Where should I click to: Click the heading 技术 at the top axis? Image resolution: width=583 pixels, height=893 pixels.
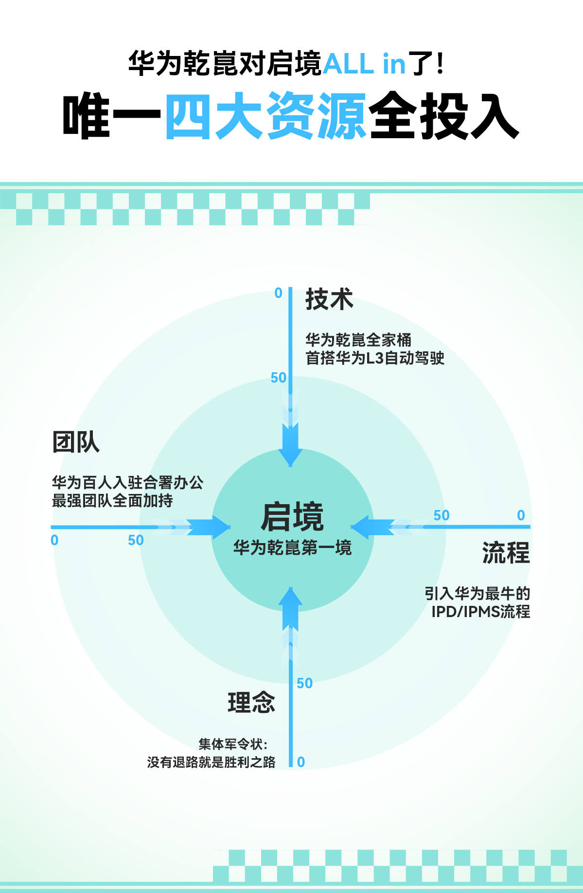(329, 299)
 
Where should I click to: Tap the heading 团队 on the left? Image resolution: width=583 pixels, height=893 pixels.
(76, 442)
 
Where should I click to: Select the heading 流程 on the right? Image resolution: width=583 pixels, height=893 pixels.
(506, 553)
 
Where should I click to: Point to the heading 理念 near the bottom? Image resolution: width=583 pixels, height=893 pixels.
(251, 702)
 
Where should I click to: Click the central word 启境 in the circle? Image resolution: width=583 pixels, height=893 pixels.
(292, 517)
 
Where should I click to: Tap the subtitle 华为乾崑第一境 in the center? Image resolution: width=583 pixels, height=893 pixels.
(292, 548)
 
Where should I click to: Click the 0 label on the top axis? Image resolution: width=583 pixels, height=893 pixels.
(278, 293)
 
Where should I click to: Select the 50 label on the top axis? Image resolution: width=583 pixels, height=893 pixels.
(279, 378)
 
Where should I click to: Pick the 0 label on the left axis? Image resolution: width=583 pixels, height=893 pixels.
(54, 540)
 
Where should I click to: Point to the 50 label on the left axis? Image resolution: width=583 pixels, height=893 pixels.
(136, 540)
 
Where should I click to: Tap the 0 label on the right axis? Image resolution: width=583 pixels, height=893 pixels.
(521, 515)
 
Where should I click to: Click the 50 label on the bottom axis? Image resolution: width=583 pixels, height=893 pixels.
(304, 683)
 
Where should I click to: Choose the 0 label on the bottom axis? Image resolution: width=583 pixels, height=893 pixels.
(301, 762)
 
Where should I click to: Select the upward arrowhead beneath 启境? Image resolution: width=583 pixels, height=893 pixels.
(290, 599)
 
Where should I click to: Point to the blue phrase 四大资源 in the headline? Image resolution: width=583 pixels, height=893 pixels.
(265, 116)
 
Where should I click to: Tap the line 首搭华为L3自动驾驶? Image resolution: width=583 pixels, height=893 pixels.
(374, 358)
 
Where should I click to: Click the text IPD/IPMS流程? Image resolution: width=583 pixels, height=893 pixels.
(480, 612)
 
